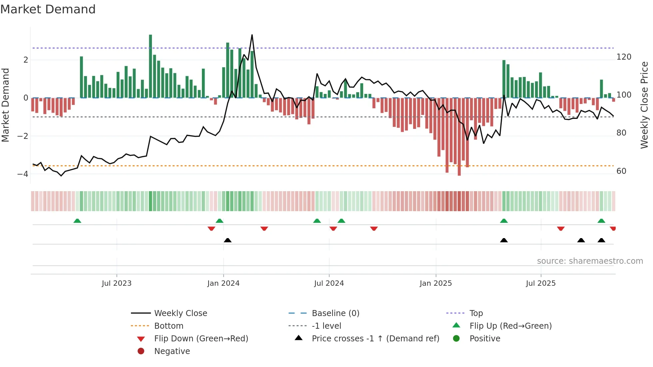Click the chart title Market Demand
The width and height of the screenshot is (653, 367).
tap(48, 9)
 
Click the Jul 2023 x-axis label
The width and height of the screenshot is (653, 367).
tap(117, 283)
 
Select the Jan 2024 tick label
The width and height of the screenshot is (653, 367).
tap(223, 283)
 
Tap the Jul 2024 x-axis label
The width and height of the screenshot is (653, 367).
tap(329, 283)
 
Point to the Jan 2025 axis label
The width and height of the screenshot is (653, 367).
tap(435, 283)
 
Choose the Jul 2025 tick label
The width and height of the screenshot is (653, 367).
tap(541, 283)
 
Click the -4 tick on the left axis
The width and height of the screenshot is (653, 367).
tap(23, 174)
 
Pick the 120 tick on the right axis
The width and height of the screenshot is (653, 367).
tap(624, 57)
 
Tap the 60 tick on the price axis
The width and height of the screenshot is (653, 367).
tap(621, 171)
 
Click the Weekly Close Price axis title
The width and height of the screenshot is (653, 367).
tap(644, 105)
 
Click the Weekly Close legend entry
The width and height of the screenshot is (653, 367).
tap(181, 313)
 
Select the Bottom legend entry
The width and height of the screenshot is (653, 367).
tap(169, 326)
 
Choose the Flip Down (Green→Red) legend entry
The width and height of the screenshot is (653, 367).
tap(201, 339)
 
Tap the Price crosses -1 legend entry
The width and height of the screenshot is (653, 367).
tap(375, 339)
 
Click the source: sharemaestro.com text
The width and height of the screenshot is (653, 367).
tap(590, 261)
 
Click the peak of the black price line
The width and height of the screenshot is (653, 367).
tap(252, 35)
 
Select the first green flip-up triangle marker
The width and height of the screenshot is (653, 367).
tap(77, 221)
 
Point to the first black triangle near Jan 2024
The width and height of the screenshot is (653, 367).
tap(228, 240)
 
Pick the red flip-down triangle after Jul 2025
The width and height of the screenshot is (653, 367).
tap(561, 228)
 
